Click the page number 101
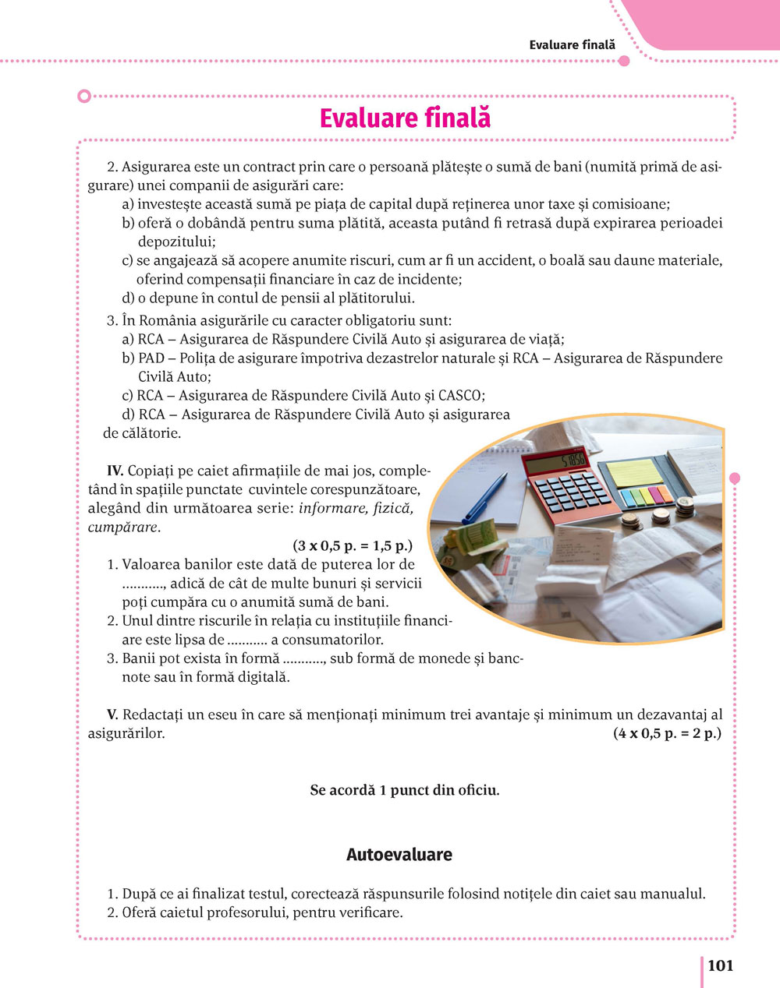720,965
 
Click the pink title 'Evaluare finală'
405,118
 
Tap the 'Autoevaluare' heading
399,854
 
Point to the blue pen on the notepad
484,499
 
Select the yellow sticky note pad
634,472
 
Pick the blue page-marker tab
628,498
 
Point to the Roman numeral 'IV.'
115,470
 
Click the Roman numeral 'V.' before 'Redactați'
113,715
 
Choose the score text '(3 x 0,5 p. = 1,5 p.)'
353,545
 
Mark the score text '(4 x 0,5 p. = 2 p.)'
667,733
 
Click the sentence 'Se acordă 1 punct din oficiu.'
405,790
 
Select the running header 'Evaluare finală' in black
572,44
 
